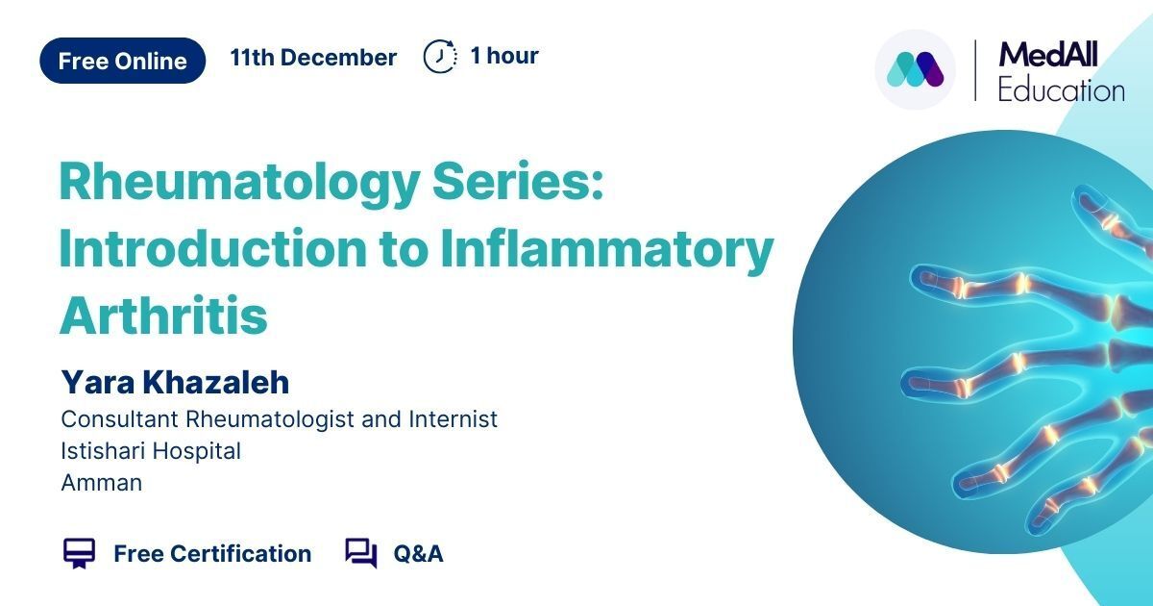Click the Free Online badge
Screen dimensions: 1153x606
coord(123,61)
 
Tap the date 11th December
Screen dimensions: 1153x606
coord(313,57)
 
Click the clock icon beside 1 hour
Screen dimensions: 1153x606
coord(440,56)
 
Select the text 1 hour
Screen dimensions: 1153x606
coord(504,56)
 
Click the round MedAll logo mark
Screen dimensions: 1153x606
coord(915,69)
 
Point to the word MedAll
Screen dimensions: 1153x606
coord(1048,55)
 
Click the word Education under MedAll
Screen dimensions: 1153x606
coord(1062,90)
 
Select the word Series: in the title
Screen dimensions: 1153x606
coord(518,182)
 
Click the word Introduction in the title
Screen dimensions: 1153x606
coord(213,249)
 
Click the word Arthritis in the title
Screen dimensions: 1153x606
coord(163,316)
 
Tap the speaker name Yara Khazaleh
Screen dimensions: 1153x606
coord(175,382)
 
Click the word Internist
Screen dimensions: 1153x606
coord(454,419)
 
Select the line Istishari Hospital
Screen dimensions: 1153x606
coord(151,451)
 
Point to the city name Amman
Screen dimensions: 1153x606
coord(102,483)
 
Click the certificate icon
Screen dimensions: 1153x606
coord(79,553)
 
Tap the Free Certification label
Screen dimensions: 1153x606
coord(212,554)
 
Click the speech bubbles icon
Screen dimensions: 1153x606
coord(361,553)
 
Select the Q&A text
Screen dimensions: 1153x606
coord(419,554)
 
